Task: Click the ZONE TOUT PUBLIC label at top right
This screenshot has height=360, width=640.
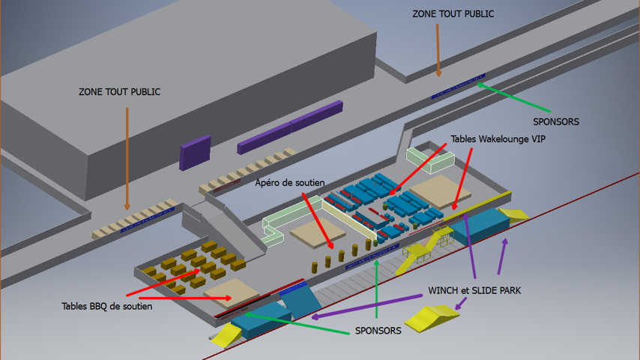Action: (453, 13)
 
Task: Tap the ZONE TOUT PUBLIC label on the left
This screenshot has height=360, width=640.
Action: (119, 92)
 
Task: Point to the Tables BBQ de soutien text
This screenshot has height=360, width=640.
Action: (106, 306)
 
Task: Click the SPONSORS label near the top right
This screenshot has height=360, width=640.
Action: (555, 121)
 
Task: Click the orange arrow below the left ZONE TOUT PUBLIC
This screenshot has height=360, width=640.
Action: (127, 157)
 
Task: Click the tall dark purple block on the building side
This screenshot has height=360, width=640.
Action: (195, 152)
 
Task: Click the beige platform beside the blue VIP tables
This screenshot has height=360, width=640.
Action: (440, 190)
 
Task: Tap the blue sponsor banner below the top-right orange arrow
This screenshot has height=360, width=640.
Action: (459, 86)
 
